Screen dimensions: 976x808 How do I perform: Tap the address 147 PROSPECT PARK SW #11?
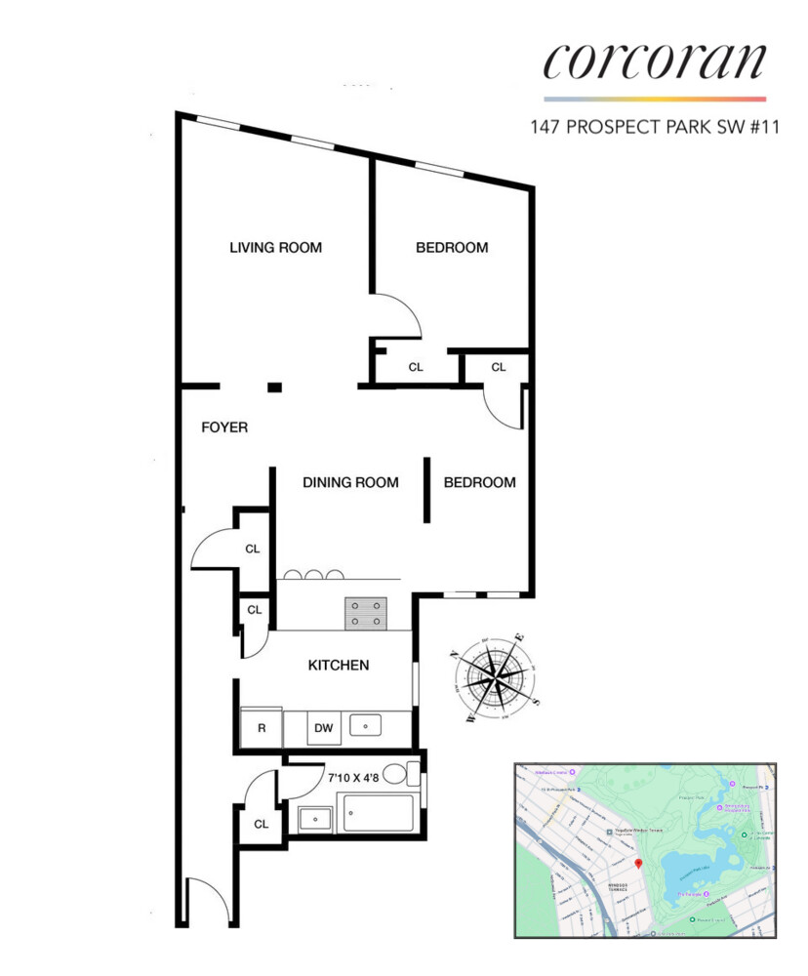pyautogui.click(x=655, y=127)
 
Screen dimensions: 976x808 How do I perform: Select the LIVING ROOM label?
pyautogui.click(x=275, y=248)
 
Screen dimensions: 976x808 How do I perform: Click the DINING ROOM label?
pyautogui.click(x=350, y=482)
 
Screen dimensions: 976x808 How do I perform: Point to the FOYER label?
pyautogui.click(x=224, y=427)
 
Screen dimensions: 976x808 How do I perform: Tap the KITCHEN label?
pyautogui.click(x=339, y=666)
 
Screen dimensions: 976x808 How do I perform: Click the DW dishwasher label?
pyautogui.click(x=323, y=727)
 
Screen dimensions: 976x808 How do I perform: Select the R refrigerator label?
pyautogui.click(x=262, y=728)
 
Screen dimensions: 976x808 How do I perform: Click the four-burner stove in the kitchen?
pyautogui.click(x=365, y=612)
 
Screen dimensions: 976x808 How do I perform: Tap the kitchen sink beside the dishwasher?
pyautogui.click(x=369, y=725)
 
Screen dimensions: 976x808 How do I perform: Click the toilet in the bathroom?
pyautogui.click(x=398, y=776)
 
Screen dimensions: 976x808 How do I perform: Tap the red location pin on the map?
pyautogui.click(x=637, y=864)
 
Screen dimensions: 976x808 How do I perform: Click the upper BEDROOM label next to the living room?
pyautogui.click(x=452, y=248)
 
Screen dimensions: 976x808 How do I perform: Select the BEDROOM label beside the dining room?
pyautogui.click(x=479, y=482)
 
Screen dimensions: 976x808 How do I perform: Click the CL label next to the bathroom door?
pyautogui.click(x=262, y=824)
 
